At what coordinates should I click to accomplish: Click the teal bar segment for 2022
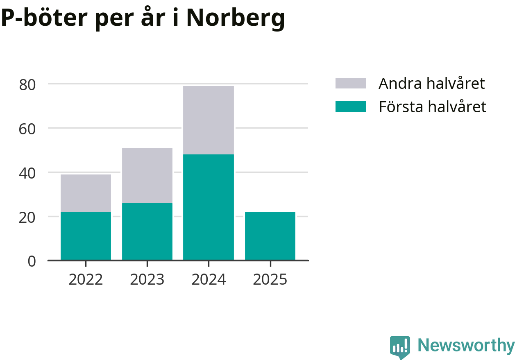pos(86,235)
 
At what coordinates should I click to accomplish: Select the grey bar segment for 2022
pos(86,193)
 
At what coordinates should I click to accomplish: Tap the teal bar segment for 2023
pos(147,231)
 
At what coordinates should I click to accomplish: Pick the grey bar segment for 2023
pos(147,175)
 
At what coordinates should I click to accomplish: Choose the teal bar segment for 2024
pos(209,207)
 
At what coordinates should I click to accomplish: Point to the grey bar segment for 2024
pos(209,120)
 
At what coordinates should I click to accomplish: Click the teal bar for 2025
pos(270,235)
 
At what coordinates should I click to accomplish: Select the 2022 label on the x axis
pos(86,280)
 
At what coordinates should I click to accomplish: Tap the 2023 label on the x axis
pos(147,280)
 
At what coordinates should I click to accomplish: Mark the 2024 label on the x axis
pos(209,280)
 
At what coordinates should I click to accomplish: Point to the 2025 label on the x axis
pos(270,280)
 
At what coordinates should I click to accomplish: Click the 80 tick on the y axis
pos(27,85)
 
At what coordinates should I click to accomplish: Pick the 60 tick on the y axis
pos(27,129)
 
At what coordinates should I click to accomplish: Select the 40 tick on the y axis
pos(27,173)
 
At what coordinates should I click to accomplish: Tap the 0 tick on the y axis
pos(32,261)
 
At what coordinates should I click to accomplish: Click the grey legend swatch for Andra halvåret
pos(351,83)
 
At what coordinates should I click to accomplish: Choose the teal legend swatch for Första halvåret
pos(351,106)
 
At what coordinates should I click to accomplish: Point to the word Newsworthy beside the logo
pos(466,346)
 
